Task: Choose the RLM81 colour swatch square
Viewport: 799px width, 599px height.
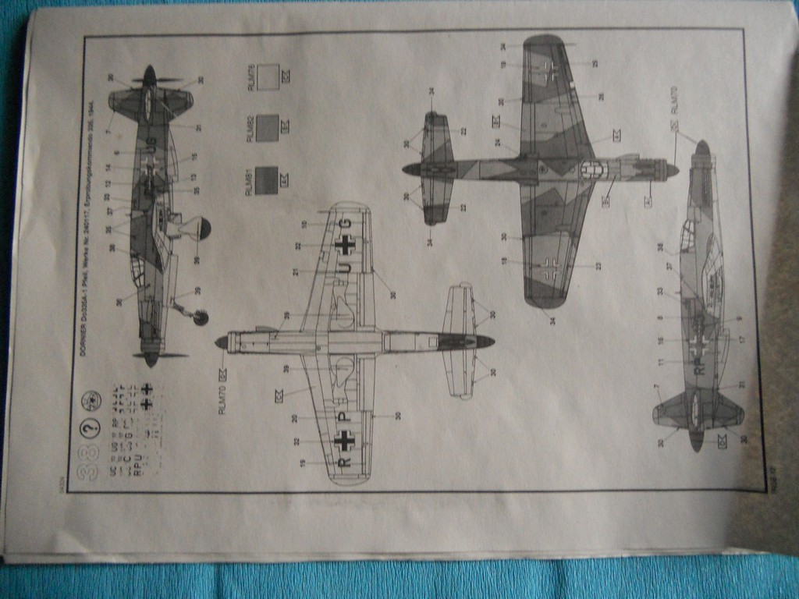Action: click(x=267, y=180)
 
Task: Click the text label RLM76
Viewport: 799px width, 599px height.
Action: click(x=251, y=76)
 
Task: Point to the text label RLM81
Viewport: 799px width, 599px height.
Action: click(x=251, y=181)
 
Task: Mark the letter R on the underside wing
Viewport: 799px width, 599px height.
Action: click(x=344, y=462)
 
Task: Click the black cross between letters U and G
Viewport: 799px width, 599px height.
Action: click(x=345, y=245)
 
